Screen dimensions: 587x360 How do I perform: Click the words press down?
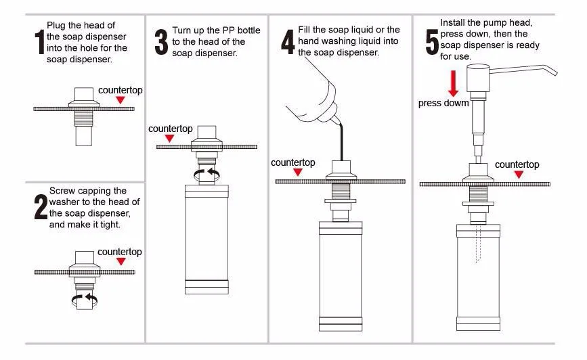(x=443, y=104)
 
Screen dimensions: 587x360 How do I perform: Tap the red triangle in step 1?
(x=120, y=100)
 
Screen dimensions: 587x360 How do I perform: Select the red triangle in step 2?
(x=121, y=262)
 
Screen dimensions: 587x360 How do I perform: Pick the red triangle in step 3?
(x=170, y=138)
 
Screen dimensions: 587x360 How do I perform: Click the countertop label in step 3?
(x=171, y=129)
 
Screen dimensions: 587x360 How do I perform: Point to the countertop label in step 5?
(x=517, y=164)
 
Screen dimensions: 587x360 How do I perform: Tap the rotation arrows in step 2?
(x=85, y=298)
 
